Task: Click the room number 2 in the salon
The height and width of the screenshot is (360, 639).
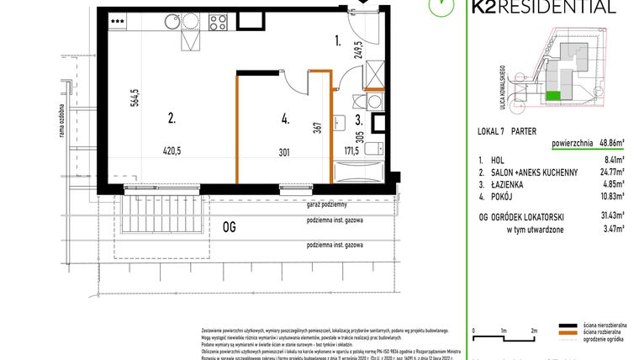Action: [x=171, y=119]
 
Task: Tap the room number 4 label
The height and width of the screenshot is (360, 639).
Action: [x=285, y=119]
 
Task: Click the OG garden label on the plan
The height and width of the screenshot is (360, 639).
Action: [x=229, y=225]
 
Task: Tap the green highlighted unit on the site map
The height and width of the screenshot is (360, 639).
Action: [x=552, y=97]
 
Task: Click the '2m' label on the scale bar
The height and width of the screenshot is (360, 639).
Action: [x=534, y=331]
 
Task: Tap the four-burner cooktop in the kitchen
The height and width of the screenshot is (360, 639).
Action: [x=219, y=21]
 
